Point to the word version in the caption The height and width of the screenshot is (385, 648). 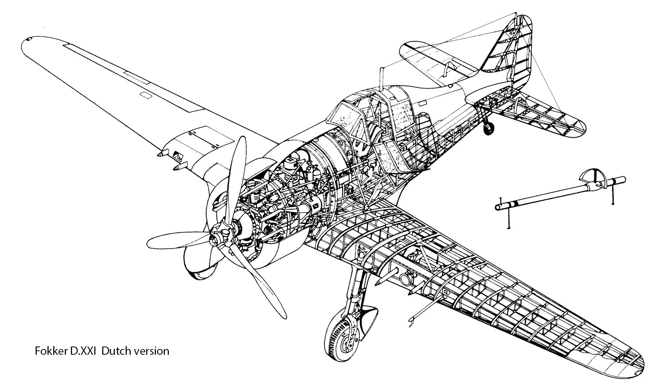click(151, 351)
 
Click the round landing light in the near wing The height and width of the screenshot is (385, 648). click(406, 279)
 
